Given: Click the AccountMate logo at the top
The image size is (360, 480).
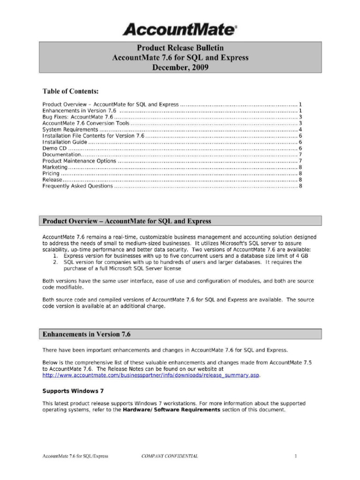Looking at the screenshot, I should [180, 30].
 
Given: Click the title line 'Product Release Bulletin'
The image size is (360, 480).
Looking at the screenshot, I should [180, 48].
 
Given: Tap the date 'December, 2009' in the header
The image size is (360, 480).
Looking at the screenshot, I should [180, 67].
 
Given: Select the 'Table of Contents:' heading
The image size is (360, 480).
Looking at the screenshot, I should [70, 91].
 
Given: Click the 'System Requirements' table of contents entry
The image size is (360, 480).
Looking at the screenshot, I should [70, 129].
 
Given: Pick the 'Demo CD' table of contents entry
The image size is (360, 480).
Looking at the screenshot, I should [52, 148].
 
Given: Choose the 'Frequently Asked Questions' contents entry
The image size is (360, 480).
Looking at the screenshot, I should [77, 186].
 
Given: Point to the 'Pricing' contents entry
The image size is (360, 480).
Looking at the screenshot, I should [51, 173].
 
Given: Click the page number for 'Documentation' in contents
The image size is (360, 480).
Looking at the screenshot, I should [300, 155].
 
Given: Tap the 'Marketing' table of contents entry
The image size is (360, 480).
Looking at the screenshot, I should [55, 167].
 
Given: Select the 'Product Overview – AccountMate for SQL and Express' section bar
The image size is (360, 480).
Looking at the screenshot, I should [180, 221].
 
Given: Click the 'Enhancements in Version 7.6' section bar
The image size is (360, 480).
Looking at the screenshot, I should [180, 334].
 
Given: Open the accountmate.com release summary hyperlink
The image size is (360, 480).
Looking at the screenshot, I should [150, 375].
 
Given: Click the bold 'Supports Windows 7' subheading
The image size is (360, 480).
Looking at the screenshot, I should [73, 391].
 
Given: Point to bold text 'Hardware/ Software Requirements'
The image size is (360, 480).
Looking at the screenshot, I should [172, 410].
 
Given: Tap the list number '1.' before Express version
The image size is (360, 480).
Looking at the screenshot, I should [55, 256].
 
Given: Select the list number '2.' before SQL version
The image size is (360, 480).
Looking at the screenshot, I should [55, 262].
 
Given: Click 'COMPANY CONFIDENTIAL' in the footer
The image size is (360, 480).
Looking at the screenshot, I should [170, 456].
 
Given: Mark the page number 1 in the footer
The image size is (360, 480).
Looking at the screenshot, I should [296, 456].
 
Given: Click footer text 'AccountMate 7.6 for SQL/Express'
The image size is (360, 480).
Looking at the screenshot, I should [75, 456].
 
